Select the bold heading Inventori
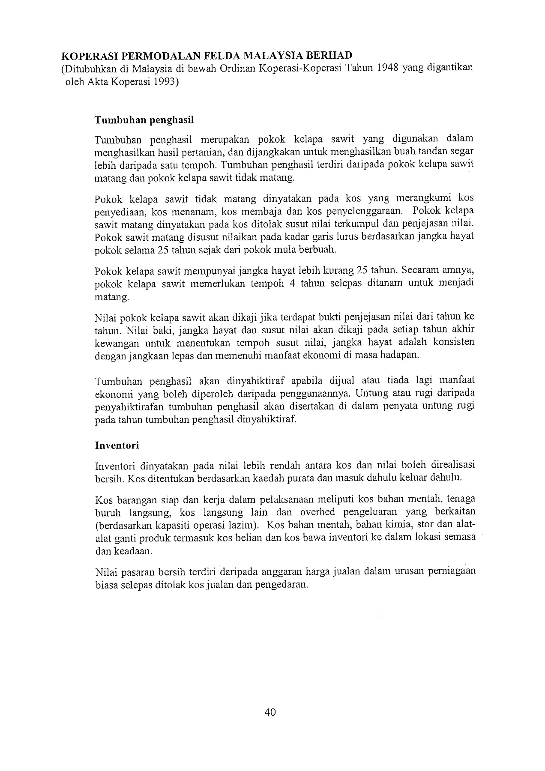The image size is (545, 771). coord(117,445)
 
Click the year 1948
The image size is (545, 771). coord(388,69)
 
